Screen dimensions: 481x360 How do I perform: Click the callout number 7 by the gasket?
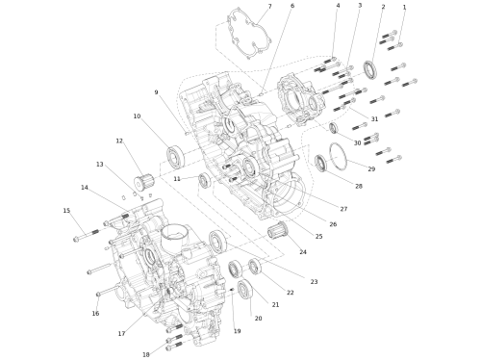pyautogui.click(x=269, y=7)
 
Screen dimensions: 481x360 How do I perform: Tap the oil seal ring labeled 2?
pyautogui.click(x=370, y=69)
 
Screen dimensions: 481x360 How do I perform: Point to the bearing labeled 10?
pyautogui.click(x=176, y=156)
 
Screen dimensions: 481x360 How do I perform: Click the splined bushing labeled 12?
pyautogui.click(x=143, y=183)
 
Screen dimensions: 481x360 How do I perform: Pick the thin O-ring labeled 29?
pyautogui.click(x=339, y=156)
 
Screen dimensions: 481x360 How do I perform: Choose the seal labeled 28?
pyautogui.click(x=320, y=163)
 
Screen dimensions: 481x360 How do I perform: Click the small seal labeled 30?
pyautogui.click(x=334, y=128)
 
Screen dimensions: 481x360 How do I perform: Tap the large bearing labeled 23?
pyautogui.click(x=218, y=241)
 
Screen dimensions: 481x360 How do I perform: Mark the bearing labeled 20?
pyautogui.click(x=245, y=289)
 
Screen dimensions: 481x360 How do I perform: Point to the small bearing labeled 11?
pyautogui.click(x=204, y=180)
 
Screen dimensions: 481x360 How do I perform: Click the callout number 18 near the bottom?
pyautogui.click(x=146, y=354)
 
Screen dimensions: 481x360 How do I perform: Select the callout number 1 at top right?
pyautogui.click(x=404, y=7)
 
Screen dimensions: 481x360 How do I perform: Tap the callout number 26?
pyautogui.click(x=333, y=224)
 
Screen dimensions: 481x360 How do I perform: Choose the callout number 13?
pyautogui.click(x=100, y=165)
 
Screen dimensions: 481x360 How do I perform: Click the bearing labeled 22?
pyautogui.click(x=255, y=267)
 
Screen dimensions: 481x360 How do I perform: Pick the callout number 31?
pyautogui.click(x=374, y=119)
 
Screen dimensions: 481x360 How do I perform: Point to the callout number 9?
pyautogui.click(x=156, y=92)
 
